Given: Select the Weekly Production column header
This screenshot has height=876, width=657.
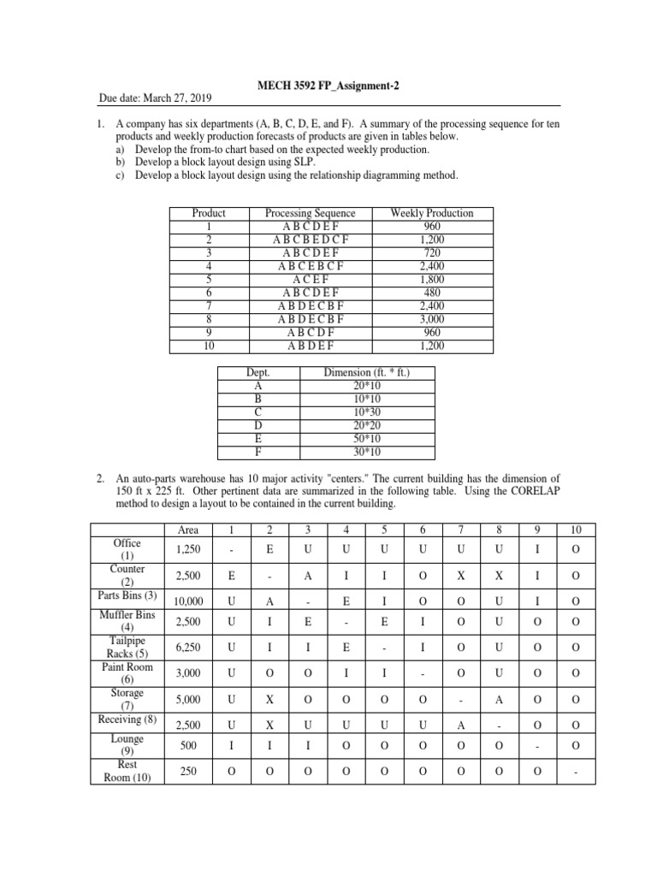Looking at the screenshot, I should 431,213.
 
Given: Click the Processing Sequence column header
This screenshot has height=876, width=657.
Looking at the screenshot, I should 311,213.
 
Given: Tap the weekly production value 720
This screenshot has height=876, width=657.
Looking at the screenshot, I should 431,253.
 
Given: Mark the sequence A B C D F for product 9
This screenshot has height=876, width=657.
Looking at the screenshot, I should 311,333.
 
